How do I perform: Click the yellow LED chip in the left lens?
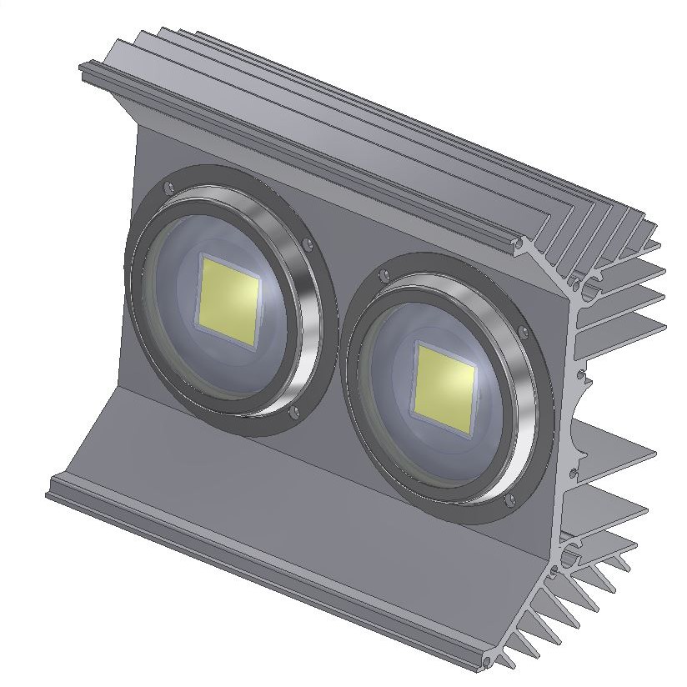click(x=228, y=299)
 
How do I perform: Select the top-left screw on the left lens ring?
click(x=169, y=188)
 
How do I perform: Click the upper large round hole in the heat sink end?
click(x=590, y=288)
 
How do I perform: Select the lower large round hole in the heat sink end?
click(x=572, y=554)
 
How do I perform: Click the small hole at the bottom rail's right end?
click(x=488, y=663)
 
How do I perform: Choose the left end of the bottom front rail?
click(x=52, y=488)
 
